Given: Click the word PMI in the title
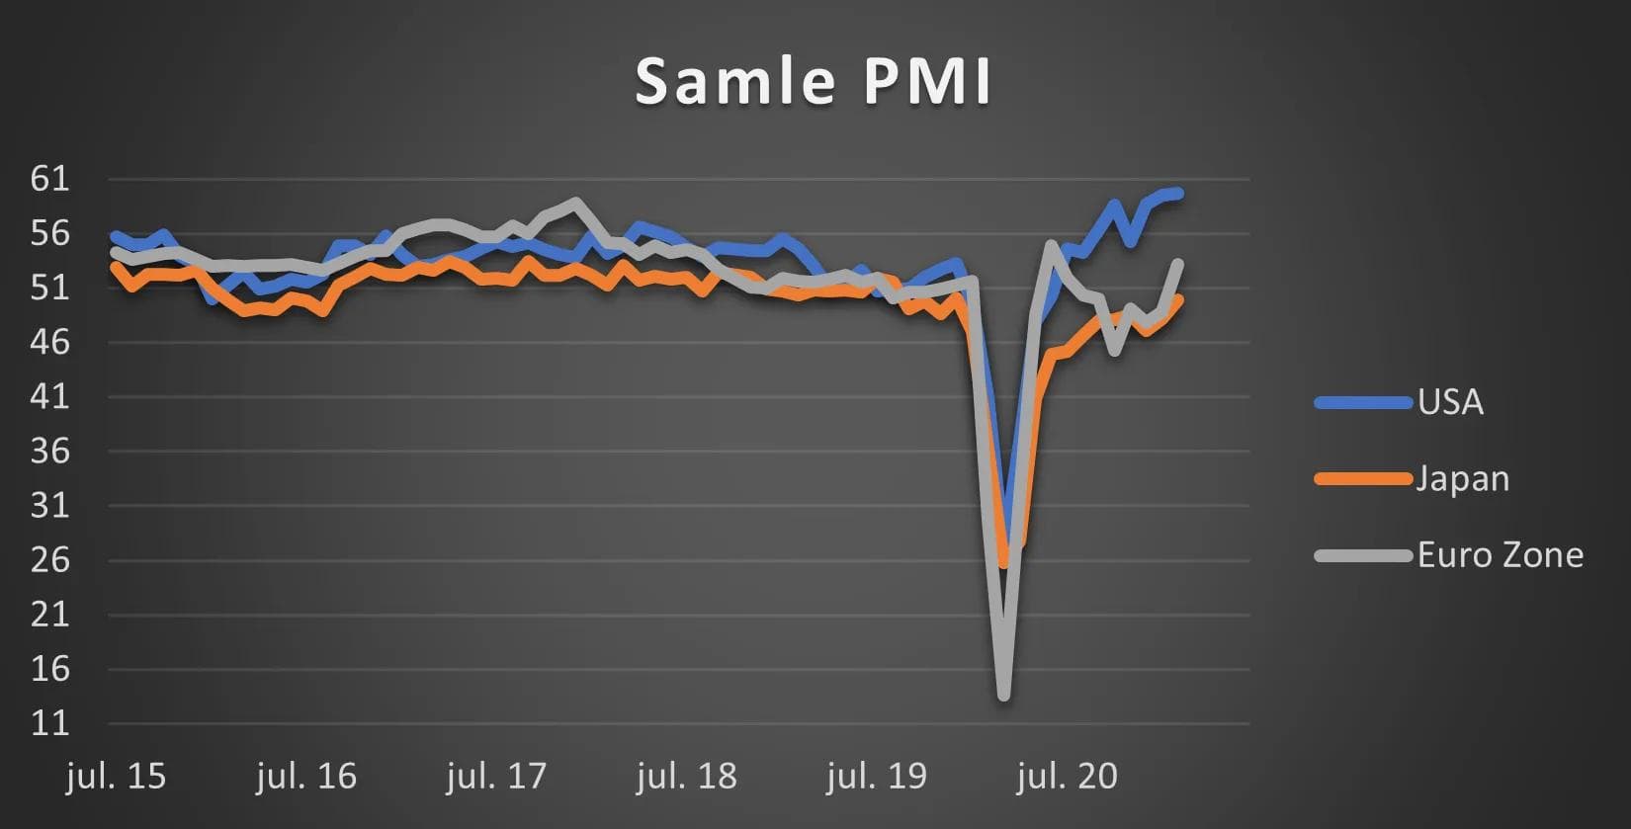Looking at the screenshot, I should [926, 81].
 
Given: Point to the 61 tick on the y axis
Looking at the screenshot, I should [50, 179].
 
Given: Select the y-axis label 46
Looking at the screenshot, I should [50, 342].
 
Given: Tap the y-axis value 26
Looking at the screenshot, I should [50, 560].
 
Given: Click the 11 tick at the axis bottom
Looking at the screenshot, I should [50, 723].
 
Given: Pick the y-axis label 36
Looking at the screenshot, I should [50, 452].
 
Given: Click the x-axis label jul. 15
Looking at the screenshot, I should [117, 777].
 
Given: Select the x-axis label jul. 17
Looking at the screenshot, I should [496, 777].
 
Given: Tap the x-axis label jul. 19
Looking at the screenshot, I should [877, 777].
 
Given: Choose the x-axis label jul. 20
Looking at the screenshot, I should [1067, 777].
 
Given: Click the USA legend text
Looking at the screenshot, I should [1450, 402].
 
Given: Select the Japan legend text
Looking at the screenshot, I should [1463, 479].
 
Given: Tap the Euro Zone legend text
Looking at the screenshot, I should [1500, 555].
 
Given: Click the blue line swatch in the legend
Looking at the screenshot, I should [1363, 402].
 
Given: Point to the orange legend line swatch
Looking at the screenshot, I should [1363, 479].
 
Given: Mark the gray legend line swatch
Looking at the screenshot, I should [1363, 555].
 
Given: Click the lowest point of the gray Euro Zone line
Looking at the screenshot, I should [1004, 696].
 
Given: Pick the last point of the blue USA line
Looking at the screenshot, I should [1178, 194].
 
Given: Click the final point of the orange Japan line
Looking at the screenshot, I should [1178, 299].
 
